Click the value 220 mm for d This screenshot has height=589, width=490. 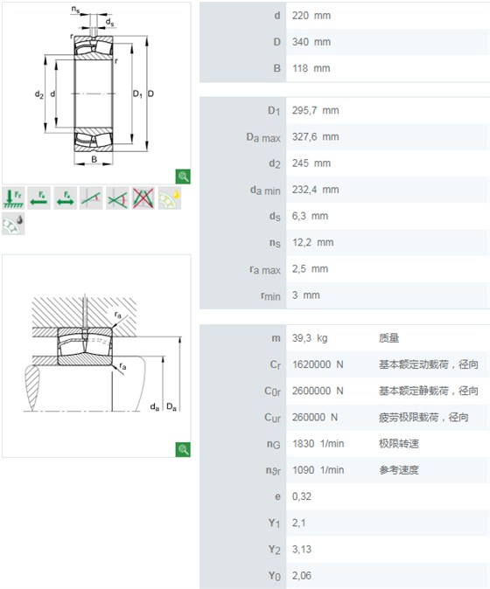(311, 16)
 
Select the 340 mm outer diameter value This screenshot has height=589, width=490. (311, 42)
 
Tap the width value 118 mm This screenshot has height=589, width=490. (311, 68)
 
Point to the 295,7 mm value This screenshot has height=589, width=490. (316, 110)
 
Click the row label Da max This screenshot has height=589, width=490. (263, 137)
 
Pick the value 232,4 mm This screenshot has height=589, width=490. (316, 190)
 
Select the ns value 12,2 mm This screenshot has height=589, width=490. (313, 243)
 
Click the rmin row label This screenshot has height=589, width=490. (270, 296)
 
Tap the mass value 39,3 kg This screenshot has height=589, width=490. (310, 338)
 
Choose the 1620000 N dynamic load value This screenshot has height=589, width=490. (318, 364)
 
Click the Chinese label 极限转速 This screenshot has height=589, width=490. (399, 444)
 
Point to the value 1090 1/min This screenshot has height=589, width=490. (318, 470)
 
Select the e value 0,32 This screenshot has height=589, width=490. (302, 496)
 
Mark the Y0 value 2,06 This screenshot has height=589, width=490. (302, 576)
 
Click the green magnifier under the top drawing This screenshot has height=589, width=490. (183, 177)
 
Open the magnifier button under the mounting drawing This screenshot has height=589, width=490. (183, 450)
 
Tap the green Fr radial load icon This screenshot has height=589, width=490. (13, 198)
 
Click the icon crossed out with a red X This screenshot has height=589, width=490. (143, 198)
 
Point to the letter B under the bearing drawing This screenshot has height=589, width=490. (94, 160)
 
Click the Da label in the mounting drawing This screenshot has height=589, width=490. (171, 407)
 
